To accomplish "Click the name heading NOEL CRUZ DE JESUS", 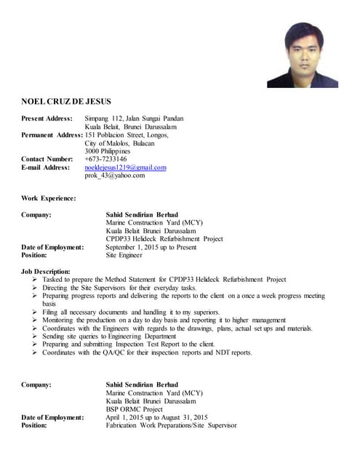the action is point(66,101).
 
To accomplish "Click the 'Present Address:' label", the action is point(47,118).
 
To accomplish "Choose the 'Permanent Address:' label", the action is point(51,135).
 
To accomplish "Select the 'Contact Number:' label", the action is point(47,158).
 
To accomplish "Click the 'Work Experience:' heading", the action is point(48,198).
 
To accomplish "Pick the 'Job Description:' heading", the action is point(46,271).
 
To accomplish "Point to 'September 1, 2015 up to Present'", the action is point(151,247).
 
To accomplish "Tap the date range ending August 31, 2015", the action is point(157,417).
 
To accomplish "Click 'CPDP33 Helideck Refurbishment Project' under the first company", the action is point(164,239).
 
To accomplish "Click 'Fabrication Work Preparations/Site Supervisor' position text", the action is point(171,425).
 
